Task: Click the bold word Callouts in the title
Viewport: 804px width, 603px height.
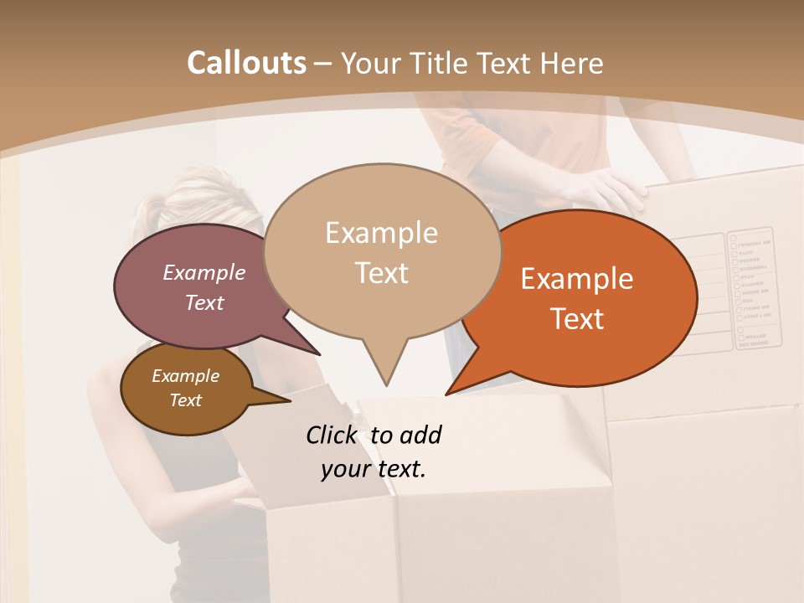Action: click(x=246, y=63)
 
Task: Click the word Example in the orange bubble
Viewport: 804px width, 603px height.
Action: click(x=577, y=279)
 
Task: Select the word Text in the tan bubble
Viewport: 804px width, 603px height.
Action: click(x=382, y=273)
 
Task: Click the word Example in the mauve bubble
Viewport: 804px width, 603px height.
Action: click(x=204, y=272)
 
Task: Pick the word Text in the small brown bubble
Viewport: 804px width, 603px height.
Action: click(x=186, y=400)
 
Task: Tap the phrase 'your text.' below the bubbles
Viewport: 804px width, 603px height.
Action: click(x=374, y=469)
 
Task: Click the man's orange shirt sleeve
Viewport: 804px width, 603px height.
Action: click(x=469, y=142)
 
